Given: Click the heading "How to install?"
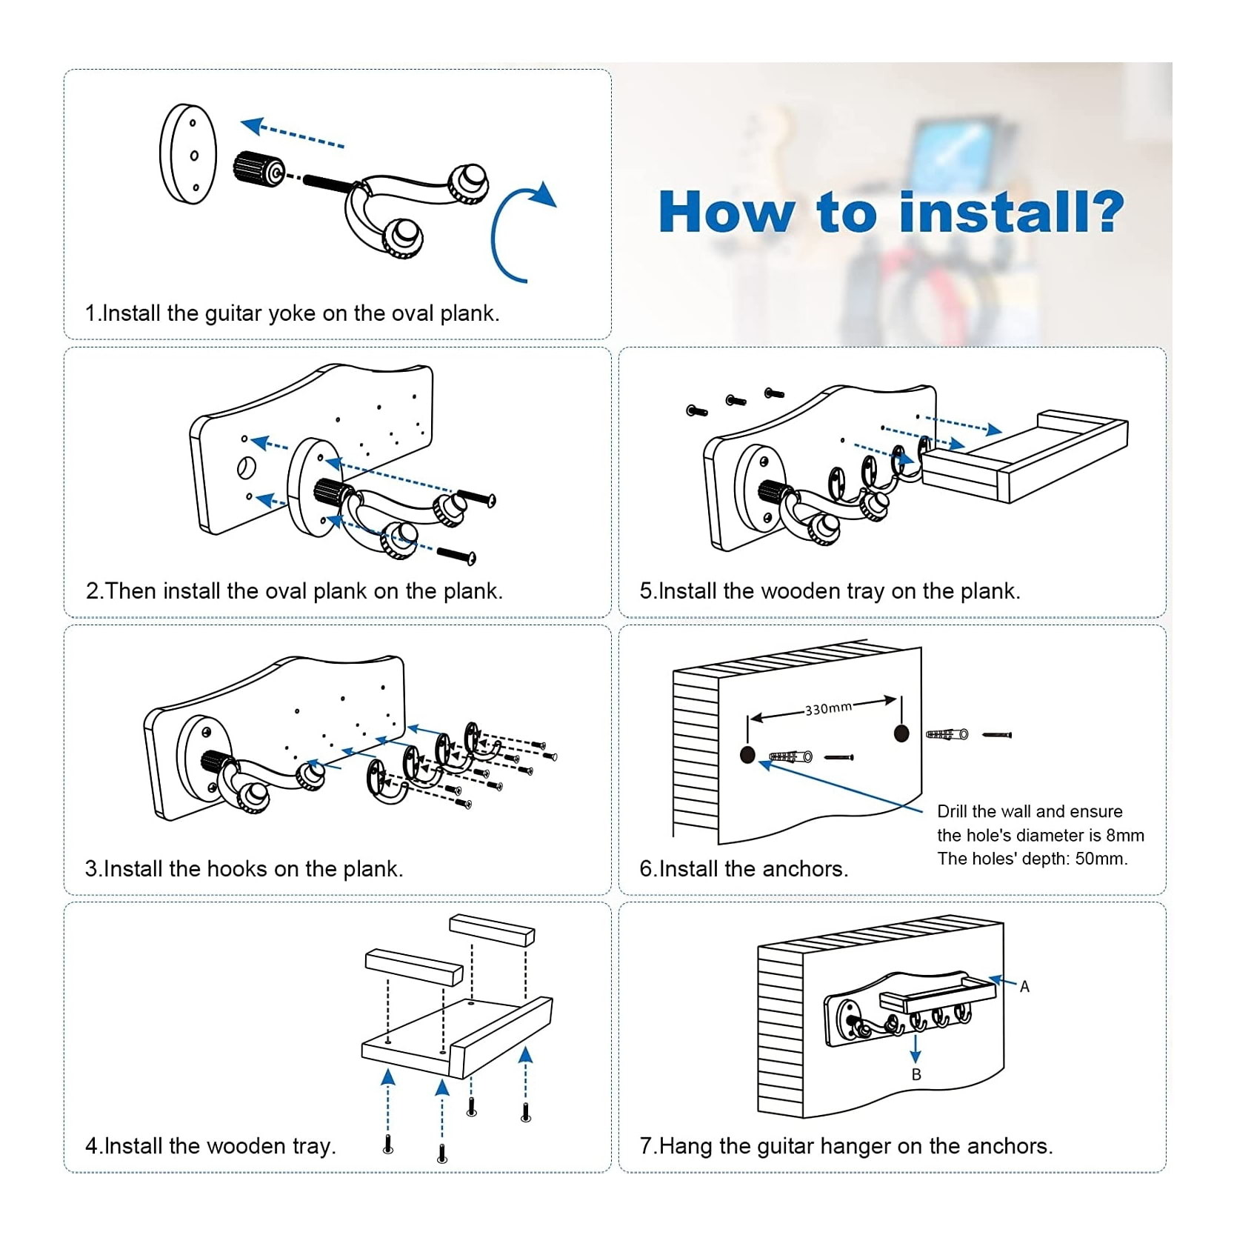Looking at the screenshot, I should click(891, 213).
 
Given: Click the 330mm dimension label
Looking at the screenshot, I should click(828, 708).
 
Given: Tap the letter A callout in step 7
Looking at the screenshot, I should click(1024, 986).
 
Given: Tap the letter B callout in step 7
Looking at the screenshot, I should click(916, 1074).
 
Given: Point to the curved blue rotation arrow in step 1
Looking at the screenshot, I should click(513, 230).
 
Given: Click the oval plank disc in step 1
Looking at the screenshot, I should click(188, 155).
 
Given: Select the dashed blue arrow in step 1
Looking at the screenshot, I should click(293, 136).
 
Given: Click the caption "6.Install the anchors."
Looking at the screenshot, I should click(744, 868).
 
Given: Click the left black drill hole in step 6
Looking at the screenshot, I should click(748, 755).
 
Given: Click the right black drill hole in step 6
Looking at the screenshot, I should click(901, 733).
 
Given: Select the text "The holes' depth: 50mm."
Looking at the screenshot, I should click(1033, 859).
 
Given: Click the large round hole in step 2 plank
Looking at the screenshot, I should click(246, 467).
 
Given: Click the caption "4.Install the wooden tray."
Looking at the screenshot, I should click(210, 1146).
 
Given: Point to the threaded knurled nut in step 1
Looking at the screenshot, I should click(253, 169).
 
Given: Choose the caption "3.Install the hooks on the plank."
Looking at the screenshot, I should click(244, 868).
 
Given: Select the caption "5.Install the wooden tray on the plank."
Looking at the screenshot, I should click(830, 591).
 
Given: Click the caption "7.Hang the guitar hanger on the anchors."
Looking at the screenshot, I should click(846, 1146).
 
